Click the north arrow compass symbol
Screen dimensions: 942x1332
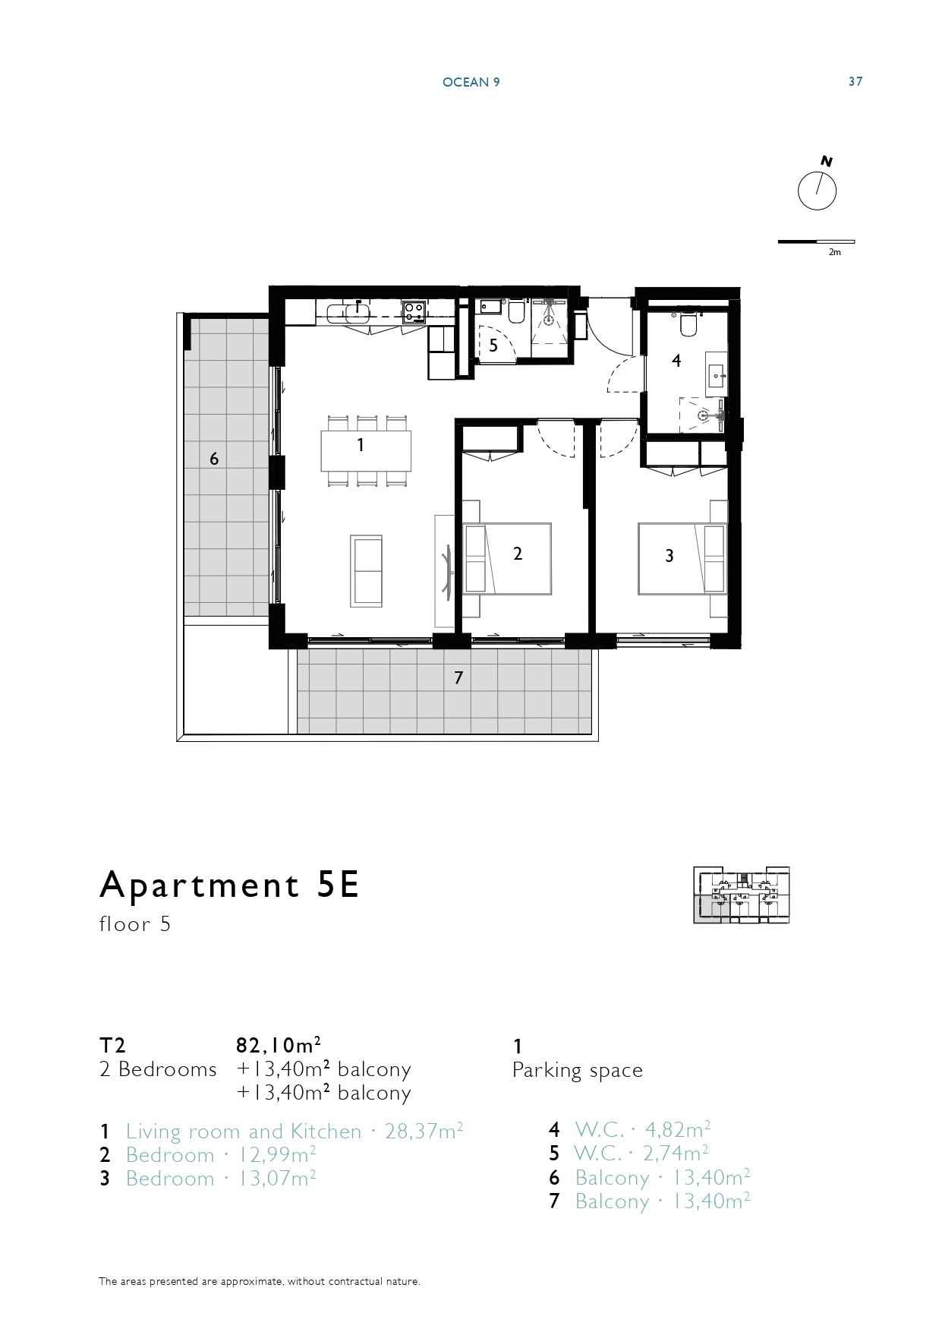817,191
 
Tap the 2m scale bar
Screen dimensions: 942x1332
816,242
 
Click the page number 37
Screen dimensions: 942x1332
855,81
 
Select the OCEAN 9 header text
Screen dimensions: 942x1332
471,82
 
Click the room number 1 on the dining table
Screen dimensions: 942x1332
361,445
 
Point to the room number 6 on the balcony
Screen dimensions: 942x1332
214,459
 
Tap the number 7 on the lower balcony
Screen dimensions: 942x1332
458,677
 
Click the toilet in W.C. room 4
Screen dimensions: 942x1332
689,324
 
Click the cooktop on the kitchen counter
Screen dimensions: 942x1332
414,311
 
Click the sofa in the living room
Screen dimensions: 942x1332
366,571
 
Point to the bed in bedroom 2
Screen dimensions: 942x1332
506,558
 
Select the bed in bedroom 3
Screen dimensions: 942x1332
682,558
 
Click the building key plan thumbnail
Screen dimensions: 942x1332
742,895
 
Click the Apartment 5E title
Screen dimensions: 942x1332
229,885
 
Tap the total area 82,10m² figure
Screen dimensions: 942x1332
278,1046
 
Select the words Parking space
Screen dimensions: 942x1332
578,1071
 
